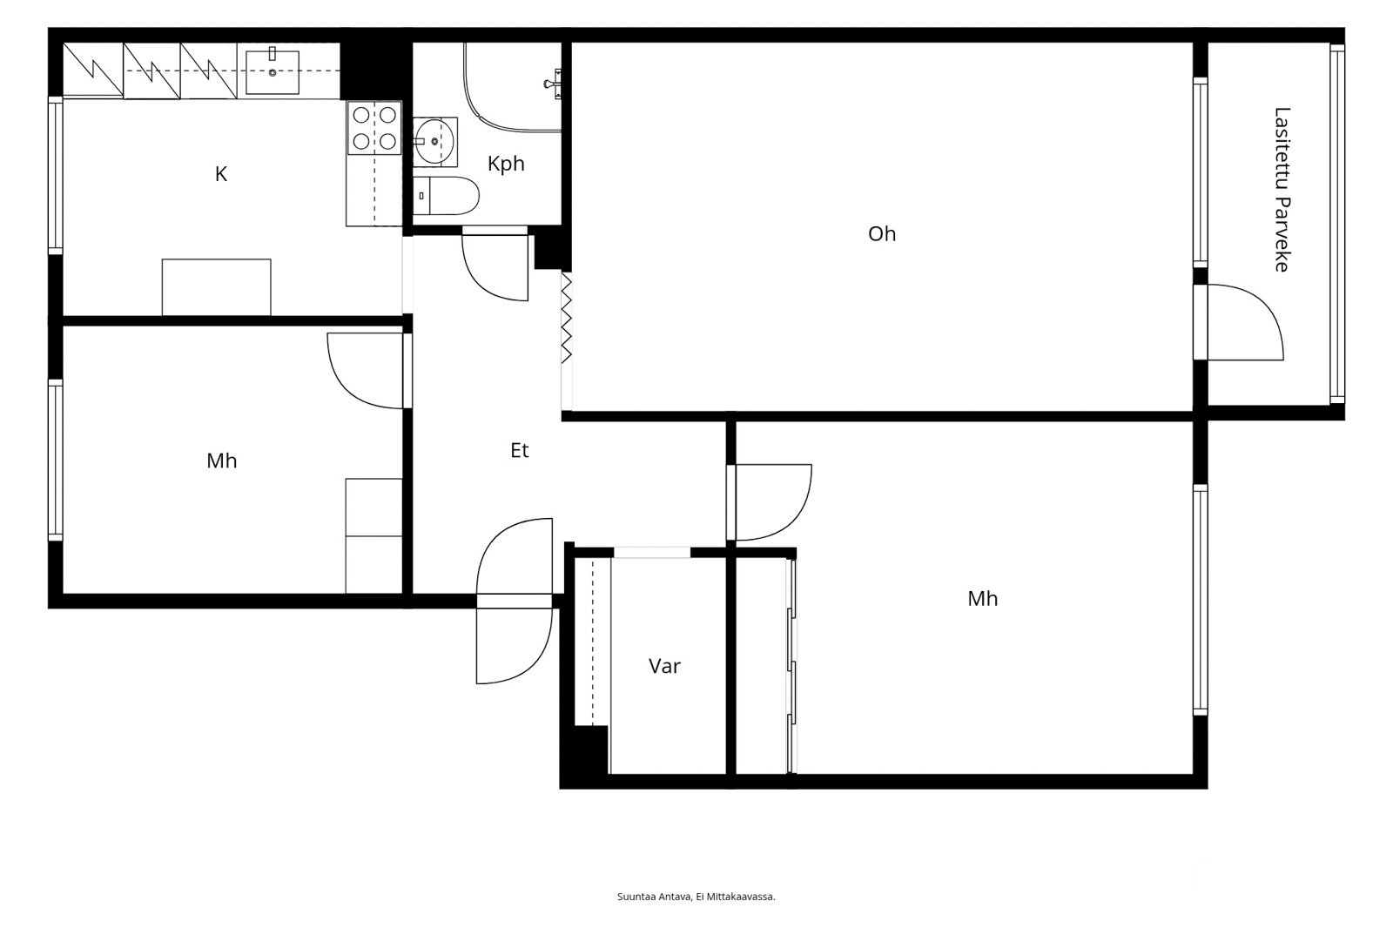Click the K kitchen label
(221, 174)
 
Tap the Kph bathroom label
(506, 164)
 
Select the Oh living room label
(882, 234)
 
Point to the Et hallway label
(519, 450)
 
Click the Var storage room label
(664, 666)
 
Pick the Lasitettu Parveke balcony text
(1282, 190)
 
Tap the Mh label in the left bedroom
(221, 461)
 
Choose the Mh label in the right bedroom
(983, 598)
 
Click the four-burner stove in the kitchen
(374, 127)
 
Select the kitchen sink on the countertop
(273, 72)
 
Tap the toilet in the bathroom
(446, 195)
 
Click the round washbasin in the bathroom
(434, 142)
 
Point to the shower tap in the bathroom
(553, 83)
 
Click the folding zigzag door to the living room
(567, 318)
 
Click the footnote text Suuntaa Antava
(654, 897)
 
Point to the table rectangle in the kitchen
(217, 287)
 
